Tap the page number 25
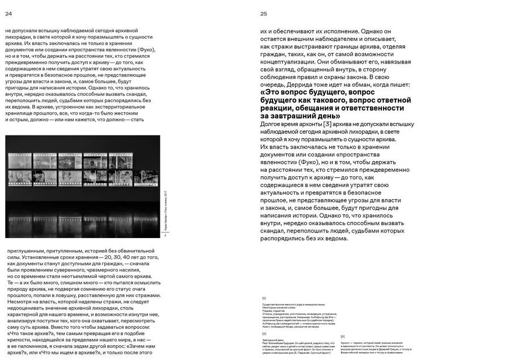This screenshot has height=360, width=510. click(x=263, y=13)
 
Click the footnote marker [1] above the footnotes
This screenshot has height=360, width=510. click(x=264, y=298)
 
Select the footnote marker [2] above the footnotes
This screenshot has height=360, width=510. click(x=264, y=333)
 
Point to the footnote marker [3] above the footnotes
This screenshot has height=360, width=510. click(x=342, y=336)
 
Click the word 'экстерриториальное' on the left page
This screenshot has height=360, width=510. click(x=122, y=106)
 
